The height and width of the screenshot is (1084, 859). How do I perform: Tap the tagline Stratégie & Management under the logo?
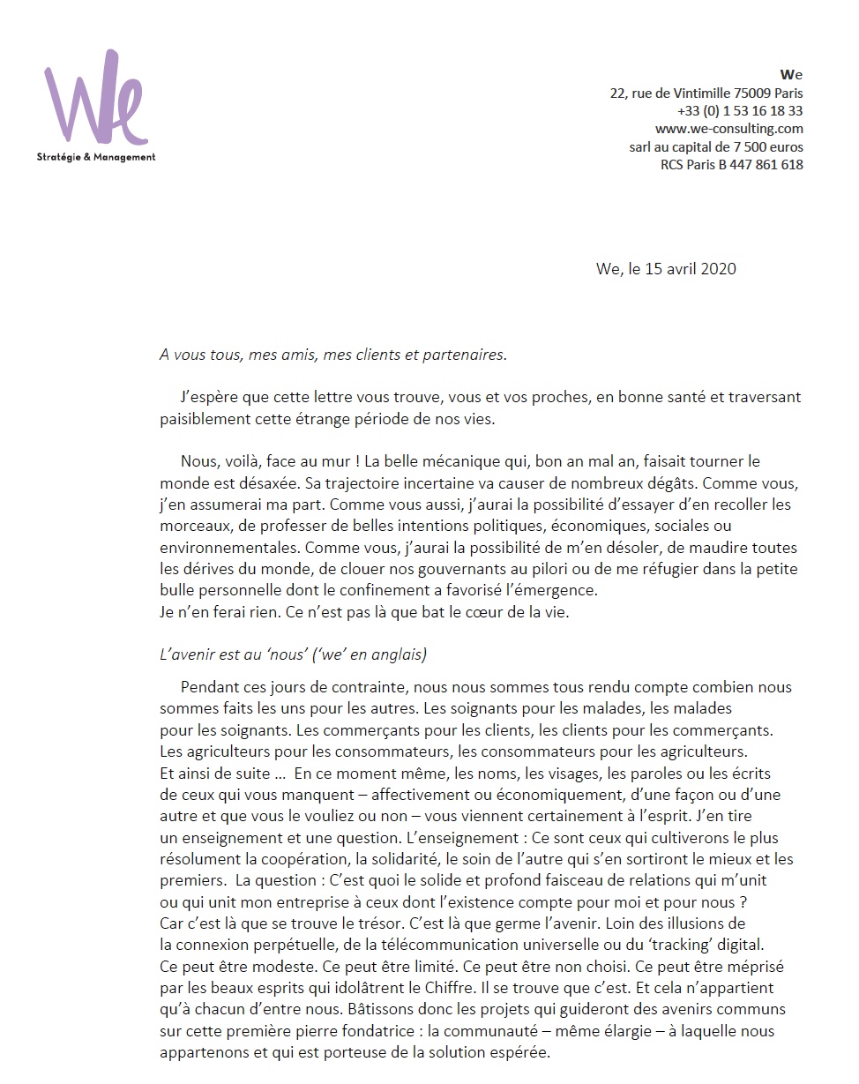click(x=96, y=157)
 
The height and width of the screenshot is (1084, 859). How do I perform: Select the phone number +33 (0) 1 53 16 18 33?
click(x=740, y=111)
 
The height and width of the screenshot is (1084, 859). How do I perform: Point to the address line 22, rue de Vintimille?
click(x=706, y=93)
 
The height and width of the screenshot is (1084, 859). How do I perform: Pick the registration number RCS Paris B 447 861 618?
click(x=731, y=164)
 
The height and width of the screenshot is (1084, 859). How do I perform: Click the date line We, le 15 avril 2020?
click(x=666, y=268)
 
